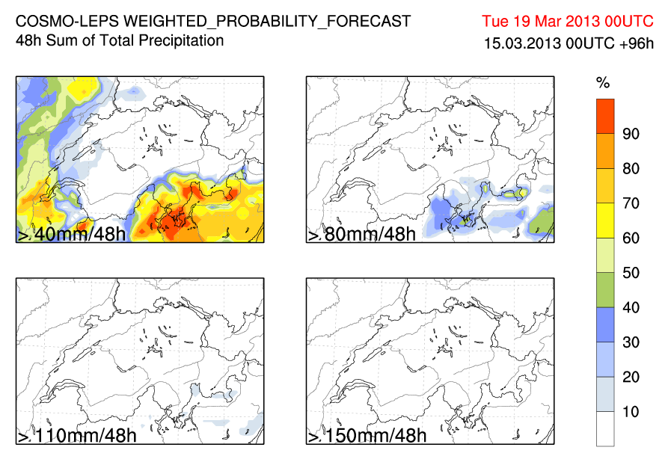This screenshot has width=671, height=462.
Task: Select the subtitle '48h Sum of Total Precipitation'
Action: click(x=120, y=40)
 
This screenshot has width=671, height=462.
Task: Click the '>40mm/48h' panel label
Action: click(x=71, y=235)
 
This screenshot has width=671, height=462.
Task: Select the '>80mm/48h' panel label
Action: click(x=361, y=235)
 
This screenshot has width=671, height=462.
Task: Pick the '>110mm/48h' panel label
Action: click(x=76, y=436)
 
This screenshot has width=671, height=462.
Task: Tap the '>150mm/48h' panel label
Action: click(x=367, y=436)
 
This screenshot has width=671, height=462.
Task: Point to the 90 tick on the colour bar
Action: click(x=631, y=135)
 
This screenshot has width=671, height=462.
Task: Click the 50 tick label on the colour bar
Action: click(x=631, y=273)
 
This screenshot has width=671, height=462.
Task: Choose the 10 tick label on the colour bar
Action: click(x=631, y=412)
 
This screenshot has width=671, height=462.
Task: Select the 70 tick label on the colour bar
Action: click(x=631, y=203)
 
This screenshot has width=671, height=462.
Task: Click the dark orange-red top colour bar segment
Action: click(x=605, y=117)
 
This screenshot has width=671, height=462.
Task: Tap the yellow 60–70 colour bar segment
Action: click(x=605, y=221)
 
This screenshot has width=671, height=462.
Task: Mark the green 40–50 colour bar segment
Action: click(x=605, y=290)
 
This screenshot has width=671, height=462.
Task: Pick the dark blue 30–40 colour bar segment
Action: click(x=605, y=324)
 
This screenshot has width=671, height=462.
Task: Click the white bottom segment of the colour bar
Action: click(x=605, y=429)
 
